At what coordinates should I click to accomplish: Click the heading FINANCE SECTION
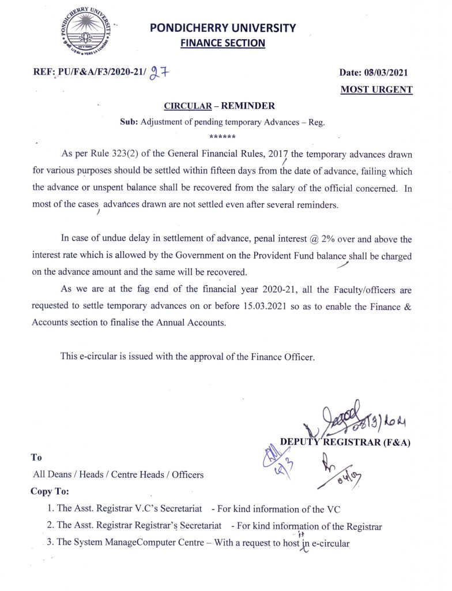(223, 43)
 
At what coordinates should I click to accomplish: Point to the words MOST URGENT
(376, 89)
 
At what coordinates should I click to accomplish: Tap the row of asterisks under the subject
(222, 137)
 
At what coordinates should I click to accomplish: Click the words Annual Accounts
(191, 323)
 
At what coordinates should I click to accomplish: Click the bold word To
(36, 458)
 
